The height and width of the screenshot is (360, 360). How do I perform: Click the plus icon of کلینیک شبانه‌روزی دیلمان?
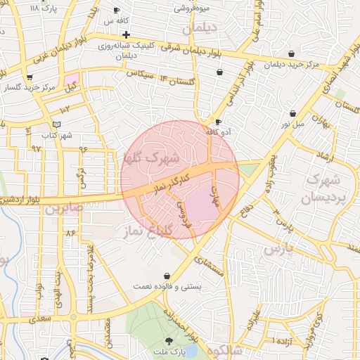click(x=126, y=34)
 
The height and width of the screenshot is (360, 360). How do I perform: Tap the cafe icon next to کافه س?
click(x=117, y=11)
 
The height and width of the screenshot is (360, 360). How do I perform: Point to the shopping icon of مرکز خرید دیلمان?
click(x=292, y=54)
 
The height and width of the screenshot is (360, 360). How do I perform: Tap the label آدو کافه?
click(x=219, y=131)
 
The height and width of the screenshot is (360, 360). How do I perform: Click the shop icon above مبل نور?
click(x=292, y=114)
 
